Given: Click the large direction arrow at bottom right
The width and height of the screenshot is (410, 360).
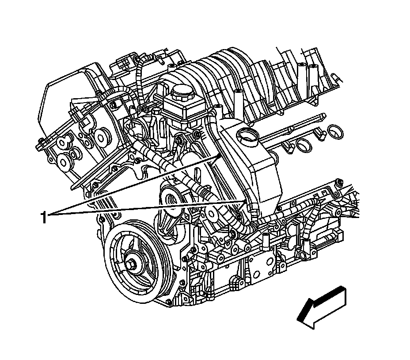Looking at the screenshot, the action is (x=322, y=307).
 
